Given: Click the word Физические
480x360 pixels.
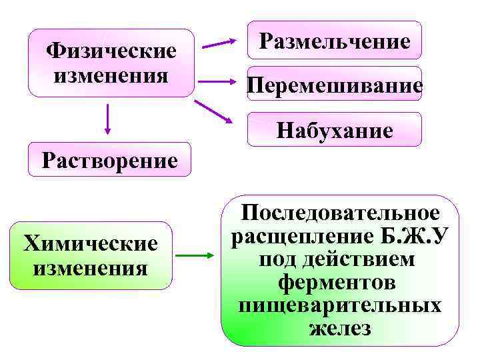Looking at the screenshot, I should (111, 51).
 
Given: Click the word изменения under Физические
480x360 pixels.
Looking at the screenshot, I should (111, 73).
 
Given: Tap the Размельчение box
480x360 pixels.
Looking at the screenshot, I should (335, 41).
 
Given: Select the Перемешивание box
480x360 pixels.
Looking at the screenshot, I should (335, 85).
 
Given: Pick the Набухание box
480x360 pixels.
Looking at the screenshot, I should (335, 130).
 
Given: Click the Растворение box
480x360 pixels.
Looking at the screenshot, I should (109, 160).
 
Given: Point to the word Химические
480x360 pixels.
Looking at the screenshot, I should (91, 243).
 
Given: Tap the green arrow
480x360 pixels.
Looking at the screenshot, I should (197, 255).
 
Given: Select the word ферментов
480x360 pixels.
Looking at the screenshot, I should (340, 283).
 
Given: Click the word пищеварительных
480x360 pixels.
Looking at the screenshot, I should (340, 305).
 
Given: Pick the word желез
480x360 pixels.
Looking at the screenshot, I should (340, 328).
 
